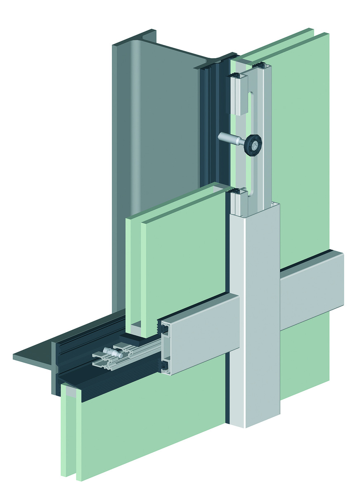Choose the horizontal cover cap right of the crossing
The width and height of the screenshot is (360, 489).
(312, 289)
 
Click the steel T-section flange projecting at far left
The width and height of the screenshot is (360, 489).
(33, 357)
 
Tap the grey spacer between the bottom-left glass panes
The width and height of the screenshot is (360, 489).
(71, 394)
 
